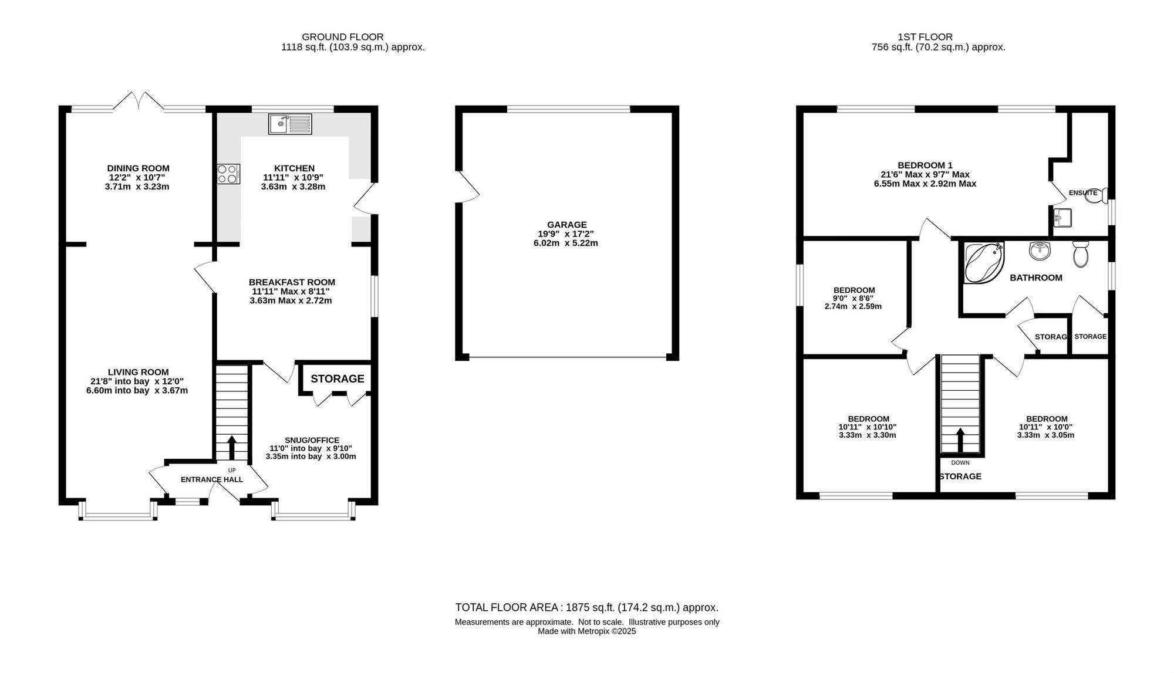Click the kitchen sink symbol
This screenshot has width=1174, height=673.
291,124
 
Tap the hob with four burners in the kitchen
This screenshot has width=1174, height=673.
229,174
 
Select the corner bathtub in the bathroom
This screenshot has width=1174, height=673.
984,262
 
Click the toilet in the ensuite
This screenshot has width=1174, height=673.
1096,195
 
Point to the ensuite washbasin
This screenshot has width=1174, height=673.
1062,218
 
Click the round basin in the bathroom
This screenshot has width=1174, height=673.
1040,251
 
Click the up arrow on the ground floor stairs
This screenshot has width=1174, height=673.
232,448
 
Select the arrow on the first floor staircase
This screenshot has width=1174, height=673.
960,440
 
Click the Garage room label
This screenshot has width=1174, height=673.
567,225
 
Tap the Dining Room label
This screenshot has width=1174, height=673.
139,168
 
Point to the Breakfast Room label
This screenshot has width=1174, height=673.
292,282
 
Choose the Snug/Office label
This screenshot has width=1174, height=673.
312,440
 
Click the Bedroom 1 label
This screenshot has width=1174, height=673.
925,165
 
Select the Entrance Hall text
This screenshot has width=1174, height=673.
212,479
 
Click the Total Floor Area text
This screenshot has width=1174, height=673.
587,608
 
